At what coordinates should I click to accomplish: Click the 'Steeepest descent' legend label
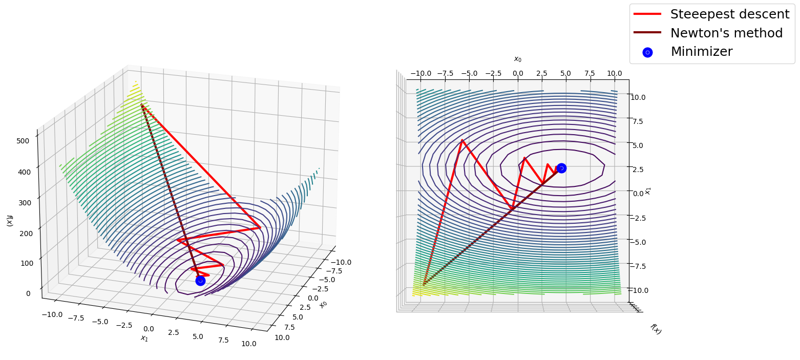pyautogui.click(x=730, y=14)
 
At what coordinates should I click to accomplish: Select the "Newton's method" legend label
pyautogui.click(x=726, y=33)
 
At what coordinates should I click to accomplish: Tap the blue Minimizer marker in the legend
pyautogui.click(x=647, y=53)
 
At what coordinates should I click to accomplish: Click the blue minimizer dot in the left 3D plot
pyautogui.click(x=200, y=281)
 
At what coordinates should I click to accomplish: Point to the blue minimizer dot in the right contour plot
pyautogui.click(x=561, y=168)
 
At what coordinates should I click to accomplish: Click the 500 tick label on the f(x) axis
pyautogui.click(x=23, y=141)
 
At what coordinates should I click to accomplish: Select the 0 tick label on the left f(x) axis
pyautogui.click(x=28, y=293)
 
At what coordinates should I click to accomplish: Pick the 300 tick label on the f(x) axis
pyautogui.click(x=24, y=203)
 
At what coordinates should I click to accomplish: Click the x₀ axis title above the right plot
pyautogui.click(x=517, y=59)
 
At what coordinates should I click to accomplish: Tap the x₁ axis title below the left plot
pyautogui.click(x=144, y=338)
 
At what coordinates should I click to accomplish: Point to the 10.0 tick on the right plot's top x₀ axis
pyautogui.click(x=614, y=73)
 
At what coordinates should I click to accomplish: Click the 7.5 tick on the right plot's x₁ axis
pyautogui.click(x=638, y=121)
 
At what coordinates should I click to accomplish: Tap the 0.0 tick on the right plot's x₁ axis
pyautogui.click(x=638, y=194)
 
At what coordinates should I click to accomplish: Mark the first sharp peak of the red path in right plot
pyautogui.click(x=462, y=140)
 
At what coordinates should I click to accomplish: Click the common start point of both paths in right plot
pyautogui.click(x=424, y=285)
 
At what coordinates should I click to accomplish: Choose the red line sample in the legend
pyautogui.click(x=647, y=14)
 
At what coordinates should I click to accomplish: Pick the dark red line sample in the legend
pyautogui.click(x=647, y=32)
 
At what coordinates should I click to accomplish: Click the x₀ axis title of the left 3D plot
pyautogui.click(x=323, y=304)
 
